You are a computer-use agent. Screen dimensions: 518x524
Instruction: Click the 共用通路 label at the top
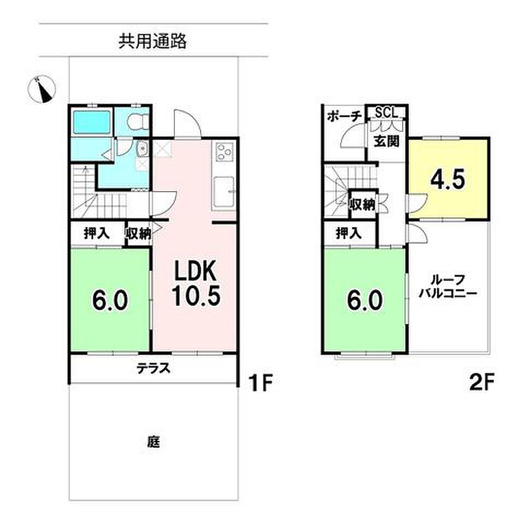(x=152, y=42)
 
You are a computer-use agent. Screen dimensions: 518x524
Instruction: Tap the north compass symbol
(x=41, y=89)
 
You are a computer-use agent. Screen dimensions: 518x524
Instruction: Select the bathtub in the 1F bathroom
(x=91, y=122)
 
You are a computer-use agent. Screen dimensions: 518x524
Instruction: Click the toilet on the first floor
(x=138, y=122)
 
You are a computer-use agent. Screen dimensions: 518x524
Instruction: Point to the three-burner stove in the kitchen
(x=224, y=151)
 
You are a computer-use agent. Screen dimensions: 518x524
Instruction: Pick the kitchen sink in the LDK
(x=223, y=192)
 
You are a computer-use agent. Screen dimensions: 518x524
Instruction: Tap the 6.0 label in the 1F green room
(x=110, y=300)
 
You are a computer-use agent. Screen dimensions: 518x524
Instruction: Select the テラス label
(x=153, y=368)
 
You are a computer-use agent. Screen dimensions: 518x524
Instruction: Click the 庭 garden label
(x=154, y=442)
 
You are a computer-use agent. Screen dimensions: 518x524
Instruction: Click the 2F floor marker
(x=481, y=383)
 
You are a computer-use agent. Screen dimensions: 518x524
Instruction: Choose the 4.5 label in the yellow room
(x=448, y=180)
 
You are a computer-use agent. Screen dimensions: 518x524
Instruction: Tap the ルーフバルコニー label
(x=448, y=287)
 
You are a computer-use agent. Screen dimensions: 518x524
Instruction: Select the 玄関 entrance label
(x=386, y=141)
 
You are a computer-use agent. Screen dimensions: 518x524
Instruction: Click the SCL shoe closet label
(x=386, y=112)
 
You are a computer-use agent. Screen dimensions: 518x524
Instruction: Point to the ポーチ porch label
(x=344, y=116)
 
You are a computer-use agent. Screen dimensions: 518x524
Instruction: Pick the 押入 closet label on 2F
(x=349, y=233)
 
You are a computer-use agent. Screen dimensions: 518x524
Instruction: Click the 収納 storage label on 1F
(x=138, y=233)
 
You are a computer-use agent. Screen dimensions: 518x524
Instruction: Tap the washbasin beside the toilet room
(x=142, y=148)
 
